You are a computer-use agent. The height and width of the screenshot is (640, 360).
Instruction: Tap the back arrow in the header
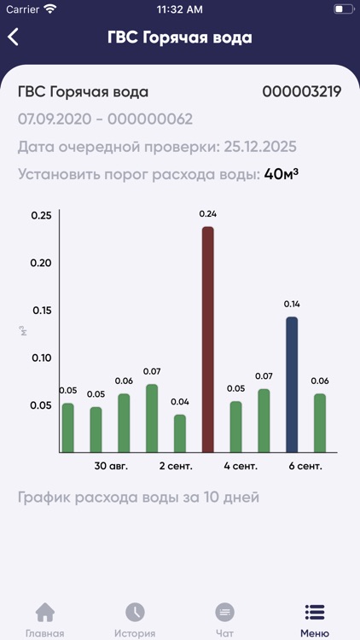[x=14, y=38]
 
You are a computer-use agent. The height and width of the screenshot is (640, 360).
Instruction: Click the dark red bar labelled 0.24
[x=207, y=339]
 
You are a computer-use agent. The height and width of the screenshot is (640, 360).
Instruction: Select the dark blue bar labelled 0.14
[x=292, y=384]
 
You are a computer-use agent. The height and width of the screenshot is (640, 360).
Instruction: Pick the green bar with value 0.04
[x=180, y=433]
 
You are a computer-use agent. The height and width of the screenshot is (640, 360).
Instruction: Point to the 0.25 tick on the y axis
[x=40, y=214]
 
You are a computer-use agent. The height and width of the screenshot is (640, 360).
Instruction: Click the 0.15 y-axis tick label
[x=40, y=310]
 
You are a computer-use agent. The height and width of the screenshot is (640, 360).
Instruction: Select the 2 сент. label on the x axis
[x=176, y=467]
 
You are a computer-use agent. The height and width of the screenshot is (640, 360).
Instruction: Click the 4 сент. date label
[x=241, y=467]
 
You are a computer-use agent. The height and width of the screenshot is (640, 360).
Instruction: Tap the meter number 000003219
[x=301, y=92]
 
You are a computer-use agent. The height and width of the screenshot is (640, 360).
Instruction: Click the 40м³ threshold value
[x=282, y=174]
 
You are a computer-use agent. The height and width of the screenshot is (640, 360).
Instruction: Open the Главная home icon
[x=44, y=613]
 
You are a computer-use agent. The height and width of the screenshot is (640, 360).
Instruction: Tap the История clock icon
[x=135, y=613]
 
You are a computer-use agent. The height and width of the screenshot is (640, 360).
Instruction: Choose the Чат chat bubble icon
[x=225, y=613]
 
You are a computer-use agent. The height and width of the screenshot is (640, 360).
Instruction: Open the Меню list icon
[x=315, y=613]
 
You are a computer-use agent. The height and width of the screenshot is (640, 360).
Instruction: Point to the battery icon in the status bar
[x=344, y=9]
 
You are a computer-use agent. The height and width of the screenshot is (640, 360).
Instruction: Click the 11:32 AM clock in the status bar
[x=180, y=9]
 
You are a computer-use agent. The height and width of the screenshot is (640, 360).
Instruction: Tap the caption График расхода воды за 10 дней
[x=138, y=497]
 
